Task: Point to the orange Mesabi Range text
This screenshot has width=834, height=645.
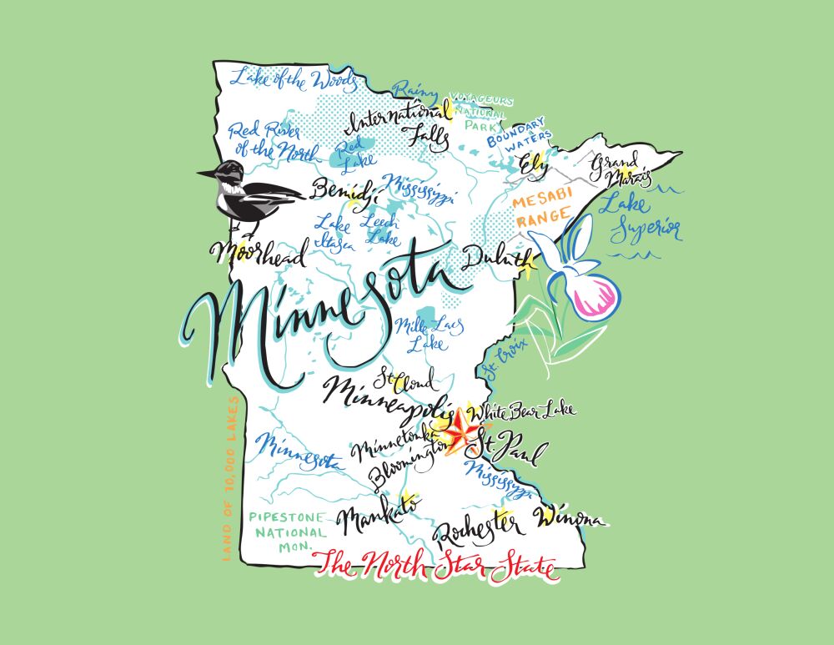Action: (x=543, y=211)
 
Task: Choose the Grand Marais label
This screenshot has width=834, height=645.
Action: (x=616, y=169)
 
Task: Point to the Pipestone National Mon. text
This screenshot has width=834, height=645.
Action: (x=288, y=531)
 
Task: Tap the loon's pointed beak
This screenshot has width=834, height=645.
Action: (x=204, y=174)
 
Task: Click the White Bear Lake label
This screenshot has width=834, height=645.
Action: (x=521, y=411)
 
